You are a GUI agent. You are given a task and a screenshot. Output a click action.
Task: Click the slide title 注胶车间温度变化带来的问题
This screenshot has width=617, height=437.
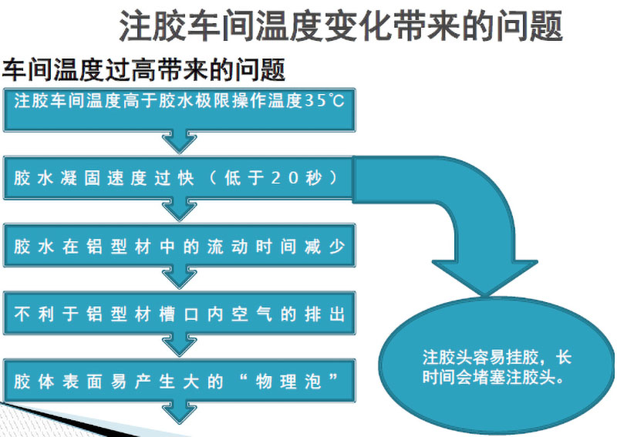[340, 27]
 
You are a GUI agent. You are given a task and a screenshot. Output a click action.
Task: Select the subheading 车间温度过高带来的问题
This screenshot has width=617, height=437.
[144, 71]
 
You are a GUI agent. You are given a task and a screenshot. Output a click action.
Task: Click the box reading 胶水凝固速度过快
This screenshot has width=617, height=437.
[179, 178]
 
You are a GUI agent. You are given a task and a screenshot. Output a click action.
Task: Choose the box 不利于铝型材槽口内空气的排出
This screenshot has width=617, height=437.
[179, 314]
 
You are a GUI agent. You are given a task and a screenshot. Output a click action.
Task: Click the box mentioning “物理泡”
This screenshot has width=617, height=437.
[179, 381]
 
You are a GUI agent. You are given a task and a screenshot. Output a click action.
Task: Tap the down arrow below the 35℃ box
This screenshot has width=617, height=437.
[178, 141]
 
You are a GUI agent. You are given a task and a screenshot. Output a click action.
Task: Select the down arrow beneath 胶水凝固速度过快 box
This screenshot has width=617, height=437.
[178, 209]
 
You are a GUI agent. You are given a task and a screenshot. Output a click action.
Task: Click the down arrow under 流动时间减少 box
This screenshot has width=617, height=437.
[178, 277]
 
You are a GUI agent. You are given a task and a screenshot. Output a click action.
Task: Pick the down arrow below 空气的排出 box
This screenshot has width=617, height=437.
[178, 345]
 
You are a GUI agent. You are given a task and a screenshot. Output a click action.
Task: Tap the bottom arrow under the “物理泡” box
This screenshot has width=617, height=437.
[178, 412]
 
